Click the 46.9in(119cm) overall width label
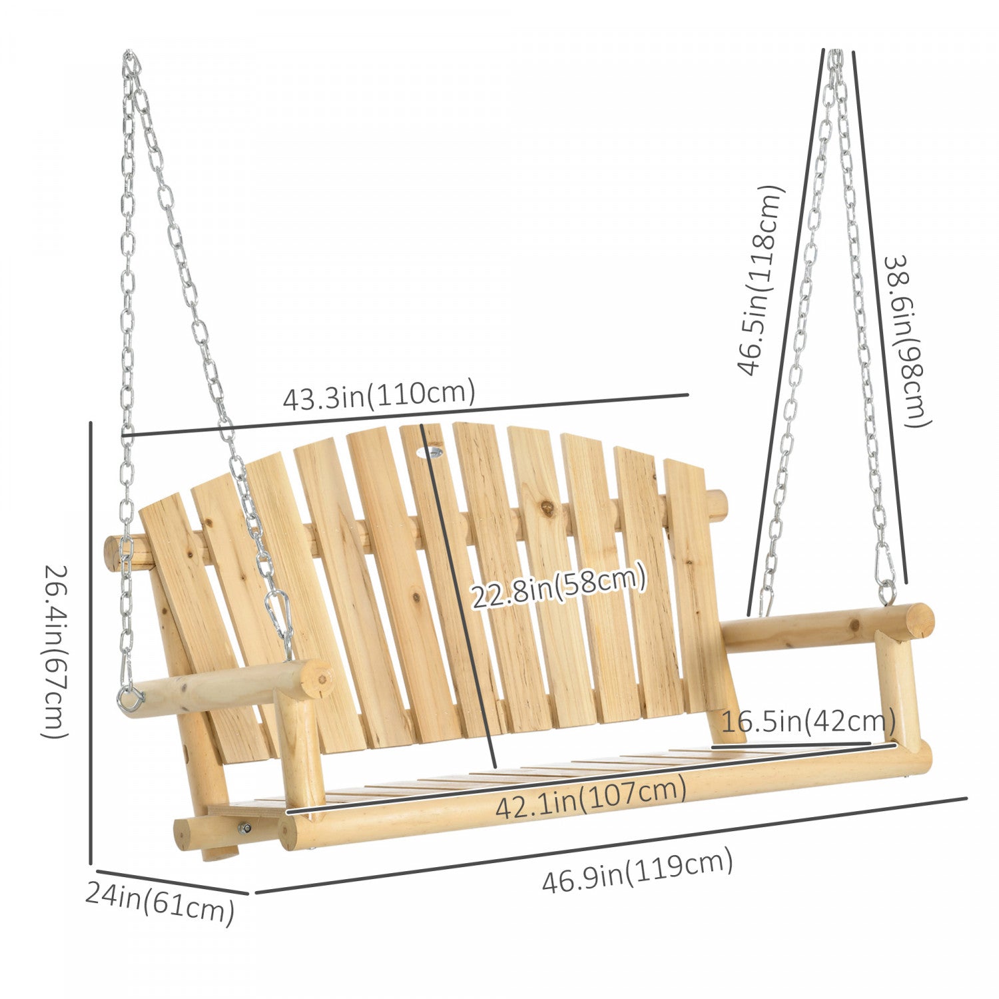click(x=637, y=872)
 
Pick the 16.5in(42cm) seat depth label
click(x=808, y=722)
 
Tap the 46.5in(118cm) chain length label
click(x=759, y=280)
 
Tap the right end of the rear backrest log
click(x=718, y=506)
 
